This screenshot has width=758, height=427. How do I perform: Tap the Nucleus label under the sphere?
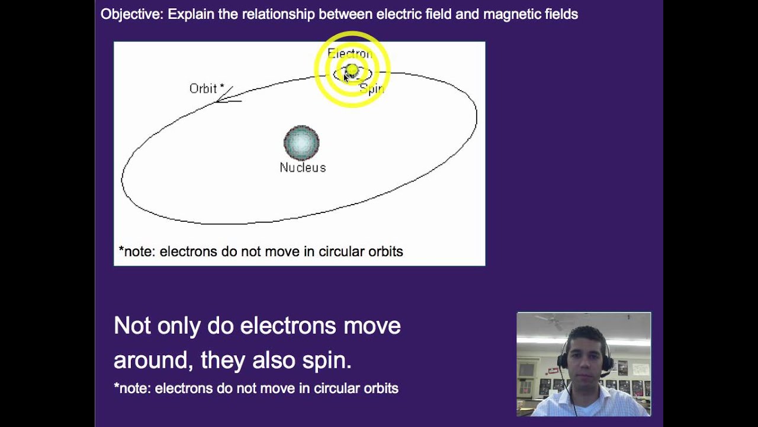click(303, 168)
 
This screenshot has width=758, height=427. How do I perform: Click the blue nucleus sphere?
click(301, 143)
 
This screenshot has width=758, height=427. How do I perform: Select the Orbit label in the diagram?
click(203, 89)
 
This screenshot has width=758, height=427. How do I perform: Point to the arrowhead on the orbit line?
click(223, 98)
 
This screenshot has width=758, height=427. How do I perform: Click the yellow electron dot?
click(352, 71)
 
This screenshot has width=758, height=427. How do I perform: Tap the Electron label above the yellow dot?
click(350, 53)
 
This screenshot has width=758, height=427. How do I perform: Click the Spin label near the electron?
click(372, 90)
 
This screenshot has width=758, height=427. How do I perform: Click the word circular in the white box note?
click(342, 251)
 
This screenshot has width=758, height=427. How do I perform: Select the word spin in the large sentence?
click(327, 360)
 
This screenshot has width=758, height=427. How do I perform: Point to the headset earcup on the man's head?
click(608, 362)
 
